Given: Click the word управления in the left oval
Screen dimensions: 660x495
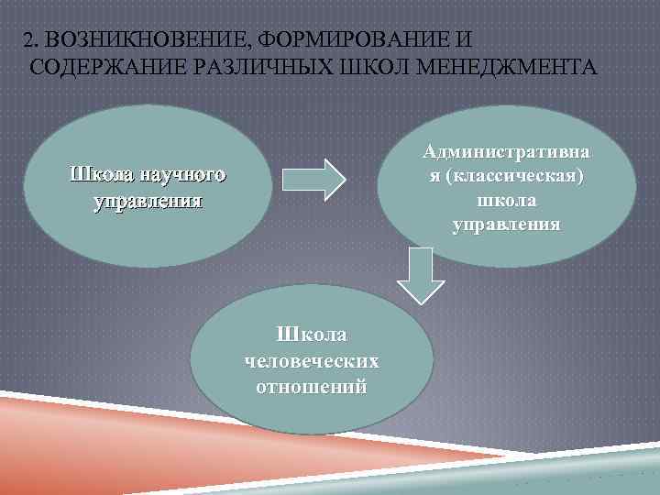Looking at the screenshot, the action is (x=147, y=200).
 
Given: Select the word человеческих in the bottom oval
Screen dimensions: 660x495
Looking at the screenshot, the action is (x=313, y=361).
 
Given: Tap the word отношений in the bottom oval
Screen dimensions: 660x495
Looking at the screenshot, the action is (x=313, y=386).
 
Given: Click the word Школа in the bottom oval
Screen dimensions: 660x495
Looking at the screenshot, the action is (x=313, y=336).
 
